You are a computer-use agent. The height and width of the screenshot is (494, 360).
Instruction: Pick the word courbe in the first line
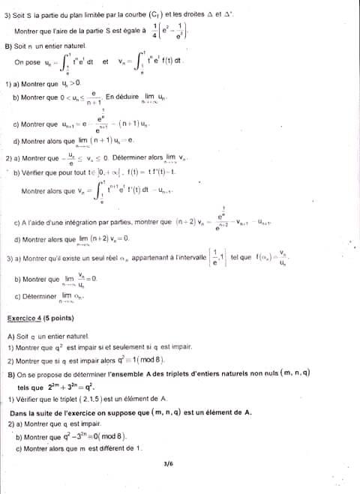[x=132, y=13]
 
